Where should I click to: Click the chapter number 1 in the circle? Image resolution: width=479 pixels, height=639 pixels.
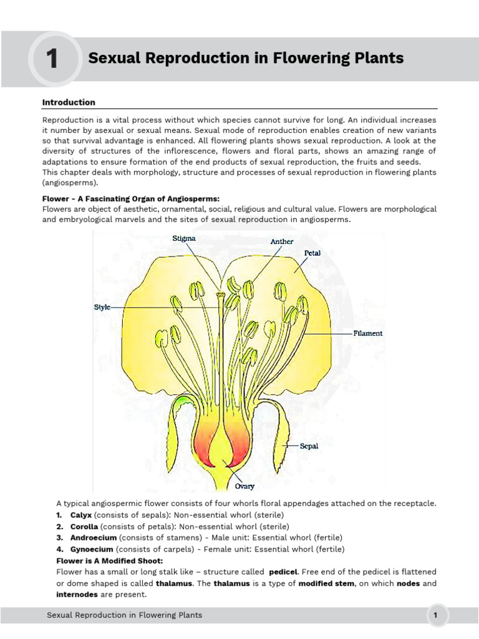coord(52,59)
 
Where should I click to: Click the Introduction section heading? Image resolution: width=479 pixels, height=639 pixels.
coord(69,102)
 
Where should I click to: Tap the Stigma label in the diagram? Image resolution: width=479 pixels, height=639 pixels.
coord(184,238)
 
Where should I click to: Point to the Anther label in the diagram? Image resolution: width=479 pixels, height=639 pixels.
coord(282,241)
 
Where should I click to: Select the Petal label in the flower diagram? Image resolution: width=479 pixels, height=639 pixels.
coord(312,253)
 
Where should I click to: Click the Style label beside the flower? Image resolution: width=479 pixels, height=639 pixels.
coord(102,308)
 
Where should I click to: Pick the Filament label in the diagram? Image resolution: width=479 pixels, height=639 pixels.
coord(368,333)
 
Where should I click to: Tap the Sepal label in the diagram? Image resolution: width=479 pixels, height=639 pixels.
coord(309,446)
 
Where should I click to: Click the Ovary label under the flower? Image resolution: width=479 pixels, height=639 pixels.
coord(244,486)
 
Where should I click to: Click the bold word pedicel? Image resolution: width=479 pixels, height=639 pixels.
coord(284,572)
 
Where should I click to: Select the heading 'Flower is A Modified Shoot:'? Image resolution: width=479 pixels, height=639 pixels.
coord(110,560)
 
